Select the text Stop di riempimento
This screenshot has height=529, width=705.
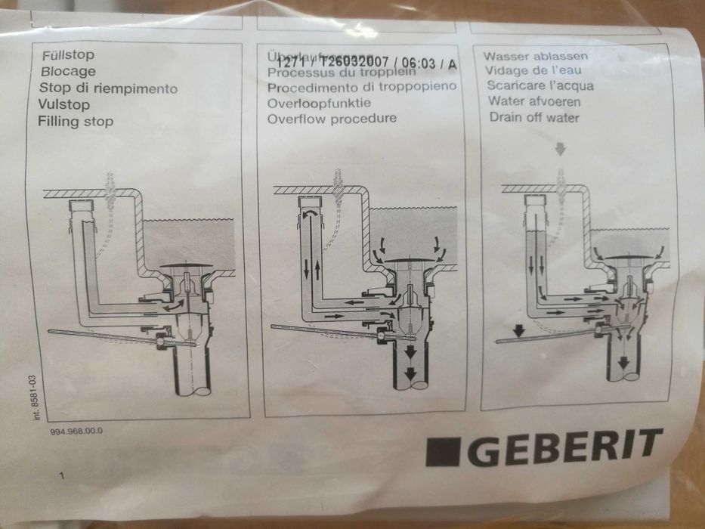pyautogui.click(x=107, y=88)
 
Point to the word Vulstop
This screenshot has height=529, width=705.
pyautogui.click(x=63, y=104)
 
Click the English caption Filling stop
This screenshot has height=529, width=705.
pyautogui.click(x=75, y=121)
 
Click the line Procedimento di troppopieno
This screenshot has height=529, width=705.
pyautogui.click(x=361, y=87)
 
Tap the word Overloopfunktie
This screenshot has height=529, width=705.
pyautogui.click(x=318, y=103)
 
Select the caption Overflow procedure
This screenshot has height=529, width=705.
pyautogui.click(x=331, y=119)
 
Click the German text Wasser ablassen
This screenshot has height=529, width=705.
pyautogui.click(x=536, y=57)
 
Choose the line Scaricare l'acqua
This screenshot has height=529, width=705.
pyautogui.click(x=540, y=85)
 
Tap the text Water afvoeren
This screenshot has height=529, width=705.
pyautogui.click(x=534, y=101)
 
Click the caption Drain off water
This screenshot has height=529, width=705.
pyautogui.click(x=533, y=117)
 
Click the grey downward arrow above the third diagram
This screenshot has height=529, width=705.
pyautogui.click(x=560, y=150)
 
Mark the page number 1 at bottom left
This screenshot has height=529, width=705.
pyautogui.click(x=61, y=476)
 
